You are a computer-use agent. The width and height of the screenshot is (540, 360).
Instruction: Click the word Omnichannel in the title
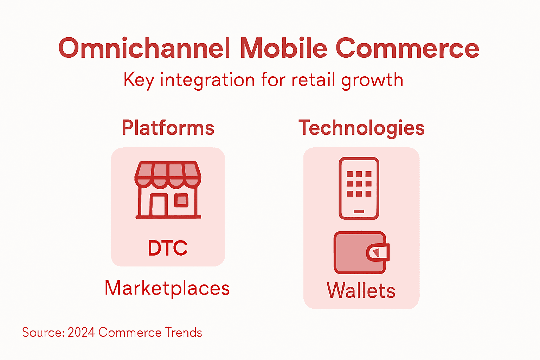click(144, 48)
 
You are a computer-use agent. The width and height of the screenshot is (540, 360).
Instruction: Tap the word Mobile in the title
click(283, 48)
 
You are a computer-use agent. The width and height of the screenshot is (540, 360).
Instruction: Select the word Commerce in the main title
click(407, 48)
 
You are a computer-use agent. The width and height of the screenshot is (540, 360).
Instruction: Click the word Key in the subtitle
click(139, 80)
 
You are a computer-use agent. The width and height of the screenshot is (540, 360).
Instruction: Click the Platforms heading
click(168, 128)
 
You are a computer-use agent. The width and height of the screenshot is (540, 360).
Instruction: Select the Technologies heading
click(361, 128)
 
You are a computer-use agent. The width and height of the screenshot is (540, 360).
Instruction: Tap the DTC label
click(168, 248)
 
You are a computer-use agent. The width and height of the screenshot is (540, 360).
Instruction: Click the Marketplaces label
click(167, 288)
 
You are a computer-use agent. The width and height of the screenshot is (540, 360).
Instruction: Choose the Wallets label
click(361, 290)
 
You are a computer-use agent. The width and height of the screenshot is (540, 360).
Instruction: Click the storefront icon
click(168, 190)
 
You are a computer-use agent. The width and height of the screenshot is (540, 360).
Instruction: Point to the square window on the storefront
click(181, 200)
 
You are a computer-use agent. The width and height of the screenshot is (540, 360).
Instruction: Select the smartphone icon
click(359, 188)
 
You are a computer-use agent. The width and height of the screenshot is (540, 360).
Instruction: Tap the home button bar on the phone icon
click(359, 211)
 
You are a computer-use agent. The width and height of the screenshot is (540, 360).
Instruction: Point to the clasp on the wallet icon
click(378, 252)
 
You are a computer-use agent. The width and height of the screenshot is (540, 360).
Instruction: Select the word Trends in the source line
click(183, 333)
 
